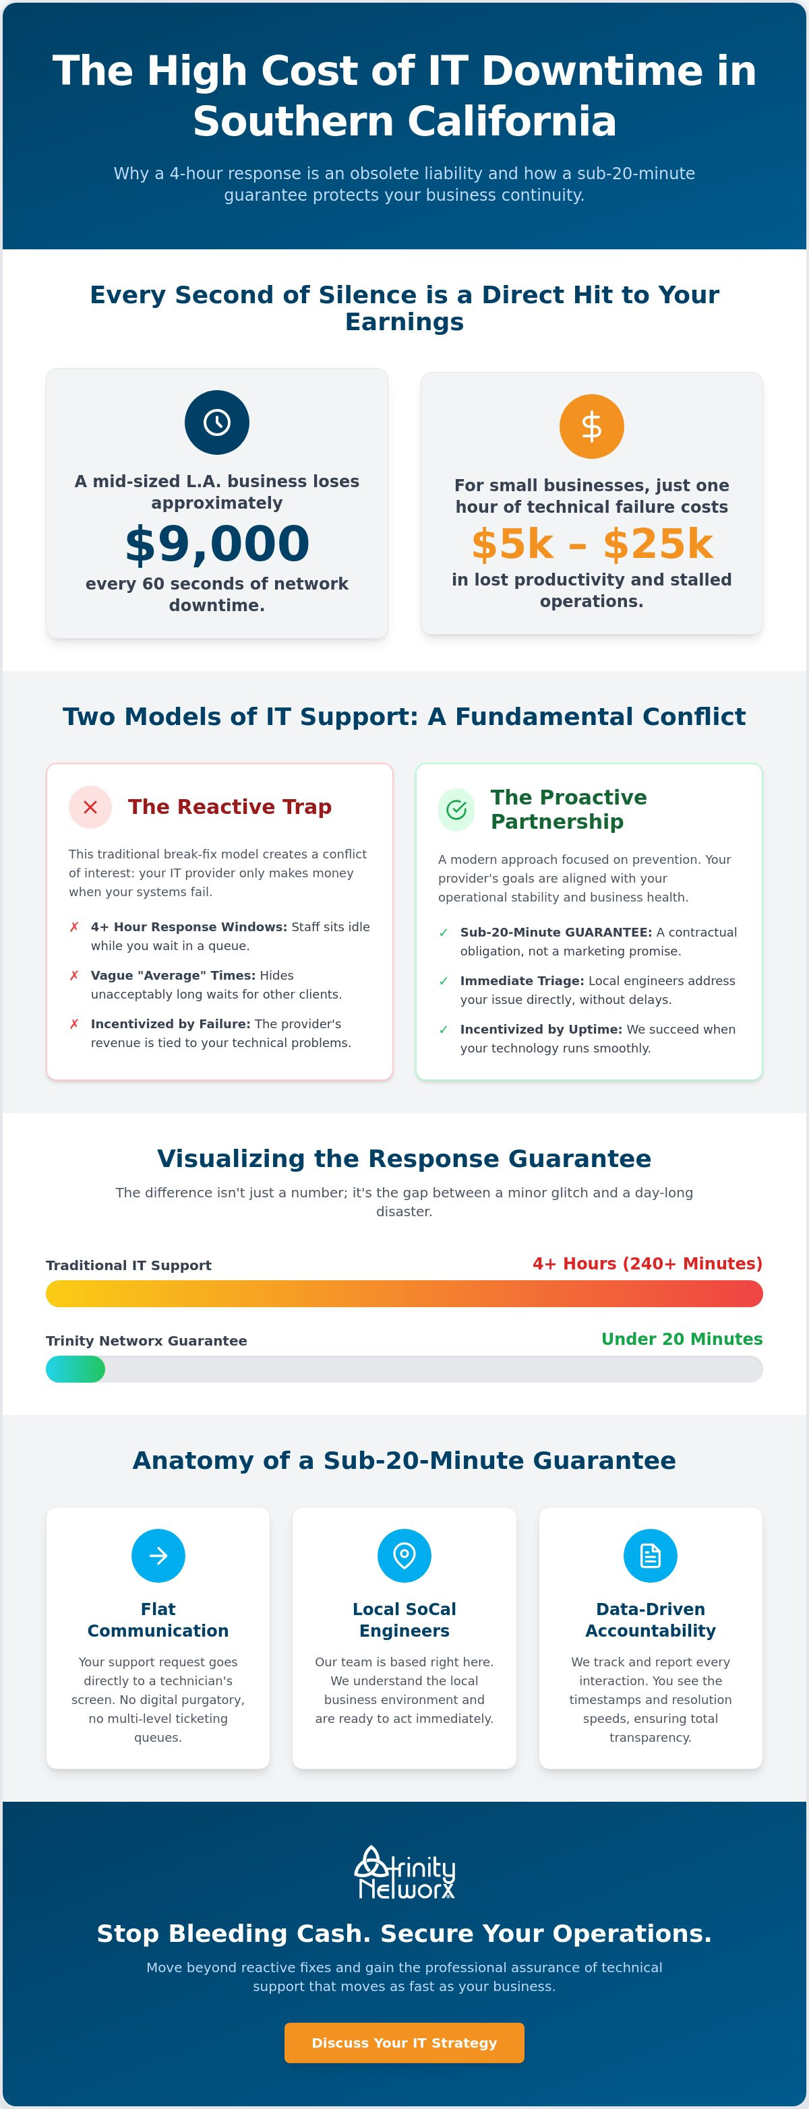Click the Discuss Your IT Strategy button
click(404, 2043)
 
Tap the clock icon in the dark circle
click(217, 422)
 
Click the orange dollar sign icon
click(591, 427)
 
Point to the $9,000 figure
click(217, 544)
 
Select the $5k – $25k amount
click(592, 544)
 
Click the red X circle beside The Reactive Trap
click(90, 807)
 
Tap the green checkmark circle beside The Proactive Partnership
click(456, 810)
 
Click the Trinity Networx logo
click(404, 1872)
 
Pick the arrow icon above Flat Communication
click(158, 1556)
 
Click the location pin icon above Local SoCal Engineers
click(404, 1556)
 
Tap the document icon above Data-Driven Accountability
click(650, 1556)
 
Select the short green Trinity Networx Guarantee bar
click(76, 1369)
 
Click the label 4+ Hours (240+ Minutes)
click(648, 1263)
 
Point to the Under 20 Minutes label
click(682, 1339)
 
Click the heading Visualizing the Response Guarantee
click(404, 1158)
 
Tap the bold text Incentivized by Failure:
click(171, 1024)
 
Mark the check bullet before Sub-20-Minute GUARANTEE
click(444, 933)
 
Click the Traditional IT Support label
click(129, 1265)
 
